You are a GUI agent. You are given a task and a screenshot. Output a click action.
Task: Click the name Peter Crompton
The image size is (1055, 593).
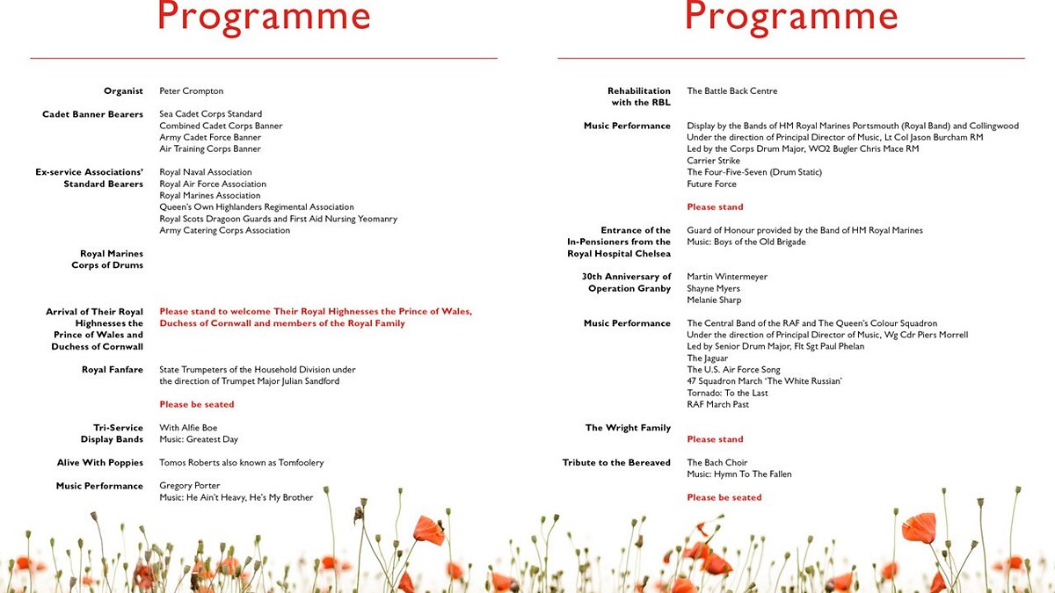(x=191, y=91)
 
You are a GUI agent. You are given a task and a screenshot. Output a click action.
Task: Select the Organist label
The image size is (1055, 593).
(x=123, y=91)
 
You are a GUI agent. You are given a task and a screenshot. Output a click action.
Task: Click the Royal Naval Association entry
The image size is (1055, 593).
(x=205, y=173)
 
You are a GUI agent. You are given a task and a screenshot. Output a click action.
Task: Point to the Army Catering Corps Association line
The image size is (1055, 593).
(x=224, y=231)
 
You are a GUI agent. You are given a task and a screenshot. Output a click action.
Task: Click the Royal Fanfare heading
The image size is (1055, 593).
(x=113, y=370)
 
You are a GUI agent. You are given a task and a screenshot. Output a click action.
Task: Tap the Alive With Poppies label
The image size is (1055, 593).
(x=100, y=463)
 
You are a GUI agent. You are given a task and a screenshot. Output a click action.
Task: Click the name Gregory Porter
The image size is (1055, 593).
(x=189, y=486)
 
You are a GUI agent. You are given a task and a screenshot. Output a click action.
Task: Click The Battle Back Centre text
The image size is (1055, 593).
(x=731, y=91)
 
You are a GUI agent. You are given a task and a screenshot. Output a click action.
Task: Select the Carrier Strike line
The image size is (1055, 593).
(x=713, y=161)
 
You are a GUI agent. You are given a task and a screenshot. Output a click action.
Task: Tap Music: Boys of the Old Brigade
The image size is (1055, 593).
(x=746, y=242)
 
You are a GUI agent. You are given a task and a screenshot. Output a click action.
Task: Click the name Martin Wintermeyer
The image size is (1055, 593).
(x=727, y=277)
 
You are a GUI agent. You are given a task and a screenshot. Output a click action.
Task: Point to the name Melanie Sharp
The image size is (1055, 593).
(x=713, y=300)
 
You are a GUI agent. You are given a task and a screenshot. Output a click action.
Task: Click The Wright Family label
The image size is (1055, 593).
(x=628, y=429)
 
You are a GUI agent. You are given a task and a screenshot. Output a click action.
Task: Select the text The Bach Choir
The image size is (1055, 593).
(x=717, y=463)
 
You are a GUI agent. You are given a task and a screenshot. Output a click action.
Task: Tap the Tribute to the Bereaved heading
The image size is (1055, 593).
(x=616, y=463)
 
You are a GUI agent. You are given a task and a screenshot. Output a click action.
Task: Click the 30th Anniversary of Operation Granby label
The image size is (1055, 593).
(x=625, y=283)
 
